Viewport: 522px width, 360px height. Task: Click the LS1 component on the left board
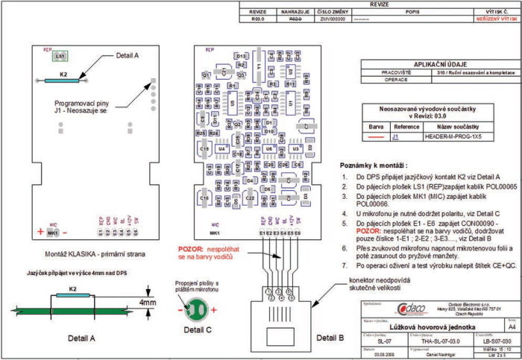[60, 57]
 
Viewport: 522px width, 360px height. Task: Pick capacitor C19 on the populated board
[204, 149]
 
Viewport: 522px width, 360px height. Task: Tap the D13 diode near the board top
[241, 56]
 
